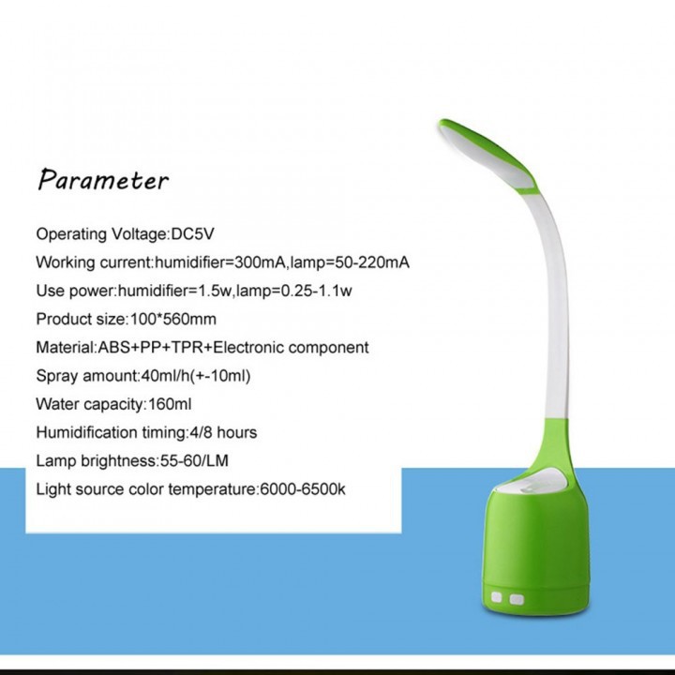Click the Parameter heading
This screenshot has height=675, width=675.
(103, 180)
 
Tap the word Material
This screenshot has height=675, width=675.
(65, 347)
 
